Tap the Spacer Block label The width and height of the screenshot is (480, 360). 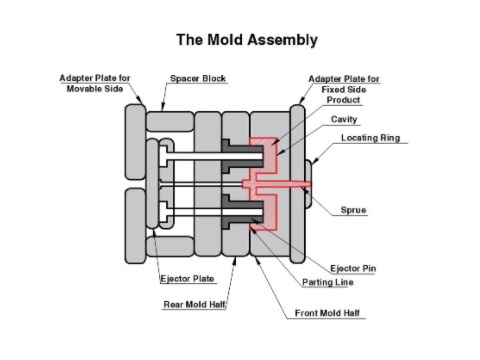(198, 78)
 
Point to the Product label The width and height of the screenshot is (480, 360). (343, 100)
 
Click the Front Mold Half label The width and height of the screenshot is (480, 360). (329, 313)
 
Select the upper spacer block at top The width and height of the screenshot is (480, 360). (169, 121)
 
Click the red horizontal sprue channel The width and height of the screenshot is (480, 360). (285, 185)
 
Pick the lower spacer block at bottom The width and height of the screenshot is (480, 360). (169, 245)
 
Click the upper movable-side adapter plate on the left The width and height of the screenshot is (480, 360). (136, 140)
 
